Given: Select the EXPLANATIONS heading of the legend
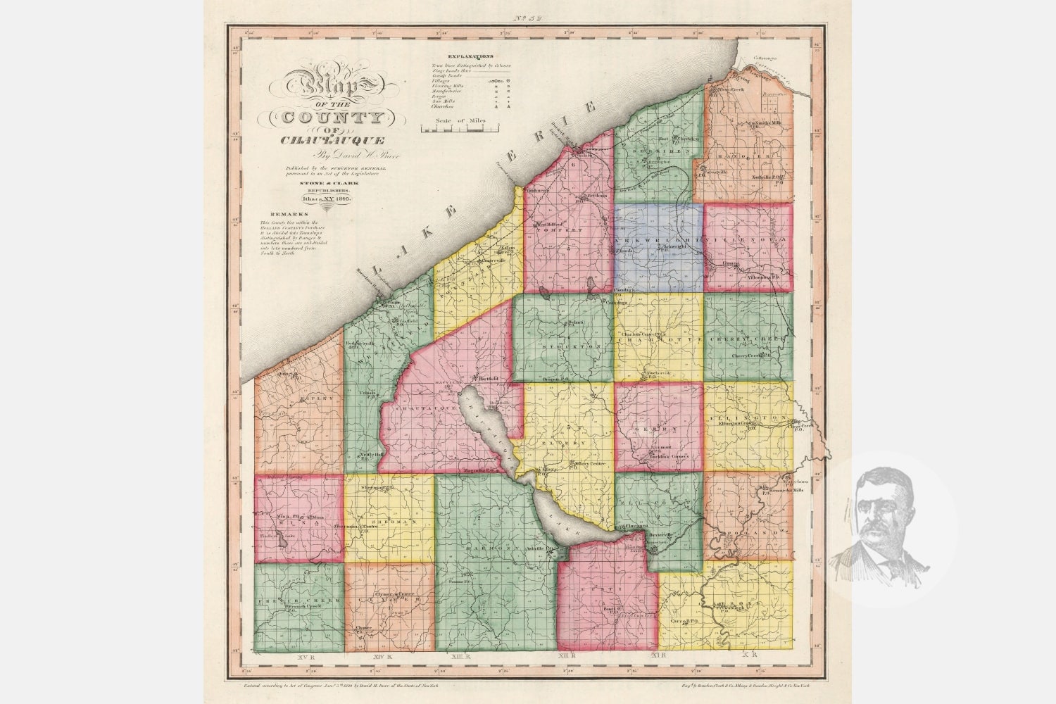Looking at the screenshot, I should coord(470,56).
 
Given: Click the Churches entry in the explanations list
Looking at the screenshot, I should coord(443,106).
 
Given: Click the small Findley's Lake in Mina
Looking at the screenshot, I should coord(282,541).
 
